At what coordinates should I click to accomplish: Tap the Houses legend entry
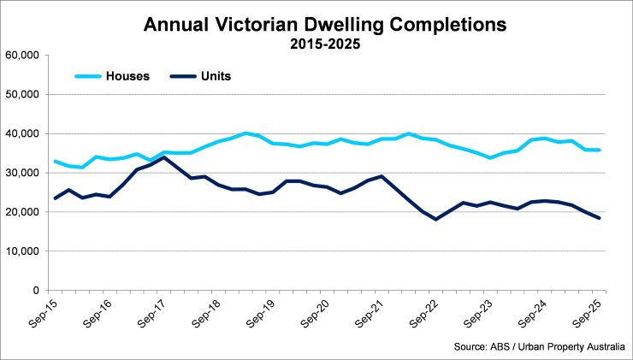tap(127, 75)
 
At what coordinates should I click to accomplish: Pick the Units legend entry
tap(213, 75)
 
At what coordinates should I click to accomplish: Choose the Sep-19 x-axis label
tap(260, 310)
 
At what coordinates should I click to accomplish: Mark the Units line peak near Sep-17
tap(164, 157)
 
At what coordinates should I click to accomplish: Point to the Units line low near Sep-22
tap(437, 219)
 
